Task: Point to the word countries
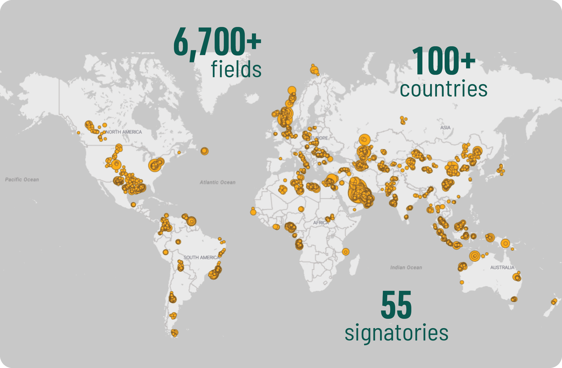coord(443,89)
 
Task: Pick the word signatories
coord(397,333)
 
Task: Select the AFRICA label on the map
coord(321,223)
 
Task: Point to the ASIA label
coord(445,127)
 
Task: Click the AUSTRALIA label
coord(502,267)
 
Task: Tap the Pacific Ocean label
coord(22,180)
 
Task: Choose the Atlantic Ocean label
coord(217,182)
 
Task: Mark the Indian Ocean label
coord(406,267)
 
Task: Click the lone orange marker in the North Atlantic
coord(204,151)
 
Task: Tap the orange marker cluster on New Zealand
coord(554,301)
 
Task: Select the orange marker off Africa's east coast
coord(346,252)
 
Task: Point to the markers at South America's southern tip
coord(174,333)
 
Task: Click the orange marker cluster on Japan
coord(501,169)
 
